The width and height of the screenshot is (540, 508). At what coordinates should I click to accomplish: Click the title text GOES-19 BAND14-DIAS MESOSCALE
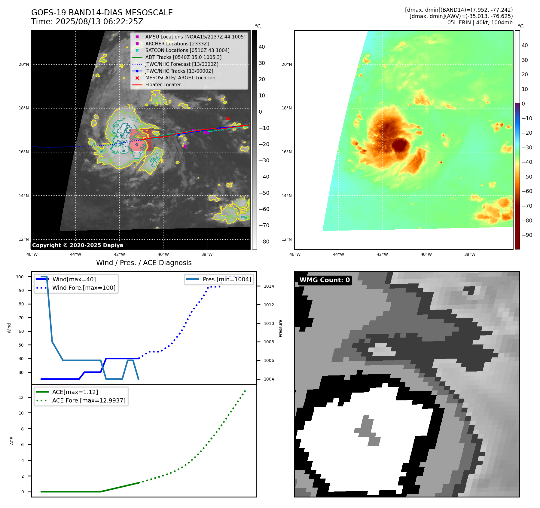click(x=102, y=13)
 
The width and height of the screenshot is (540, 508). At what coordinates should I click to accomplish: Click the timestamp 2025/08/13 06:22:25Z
click(x=99, y=22)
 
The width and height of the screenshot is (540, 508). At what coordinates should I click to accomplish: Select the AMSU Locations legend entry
click(x=195, y=37)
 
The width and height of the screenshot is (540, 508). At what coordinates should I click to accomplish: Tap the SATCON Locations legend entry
click(x=187, y=50)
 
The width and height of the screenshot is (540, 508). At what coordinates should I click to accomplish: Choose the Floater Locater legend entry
click(x=163, y=84)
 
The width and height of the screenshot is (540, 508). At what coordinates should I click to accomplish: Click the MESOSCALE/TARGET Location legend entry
click(x=180, y=78)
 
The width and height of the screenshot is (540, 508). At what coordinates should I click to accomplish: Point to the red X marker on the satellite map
click(x=228, y=118)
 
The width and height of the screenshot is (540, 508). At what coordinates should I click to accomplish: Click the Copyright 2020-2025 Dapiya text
click(x=78, y=245)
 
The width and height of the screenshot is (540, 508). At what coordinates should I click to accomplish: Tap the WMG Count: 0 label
click(x=325, y=280)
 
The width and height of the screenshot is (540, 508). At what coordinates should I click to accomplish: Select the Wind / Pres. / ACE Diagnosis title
click(x=144, y=263)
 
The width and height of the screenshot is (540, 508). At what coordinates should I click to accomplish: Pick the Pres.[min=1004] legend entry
click(x=227, y=279)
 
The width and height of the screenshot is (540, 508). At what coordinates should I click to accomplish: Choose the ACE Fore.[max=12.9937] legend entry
click(x=89, y=400)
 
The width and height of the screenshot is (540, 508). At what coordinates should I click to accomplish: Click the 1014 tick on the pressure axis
click(x=269, y=286)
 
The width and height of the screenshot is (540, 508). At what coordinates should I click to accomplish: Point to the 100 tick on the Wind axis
click(x=20, y=277)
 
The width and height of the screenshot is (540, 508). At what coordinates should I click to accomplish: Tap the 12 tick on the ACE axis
click(x=21, y=397)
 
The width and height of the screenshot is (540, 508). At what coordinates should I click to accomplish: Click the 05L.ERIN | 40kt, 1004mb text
click(x=480, y=23)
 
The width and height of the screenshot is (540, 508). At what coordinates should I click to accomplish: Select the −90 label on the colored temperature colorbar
click(x=527, y=235)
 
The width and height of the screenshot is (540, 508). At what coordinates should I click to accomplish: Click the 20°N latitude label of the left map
click(x=24, y=64)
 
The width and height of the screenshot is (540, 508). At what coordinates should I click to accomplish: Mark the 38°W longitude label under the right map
click(x=470, y=254)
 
